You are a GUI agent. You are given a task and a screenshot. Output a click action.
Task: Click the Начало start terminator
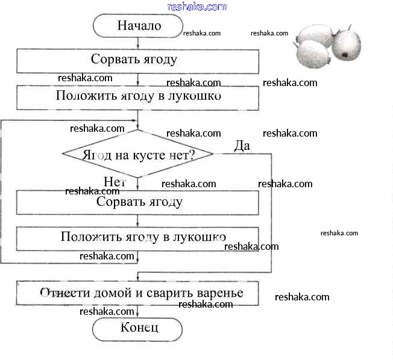137,26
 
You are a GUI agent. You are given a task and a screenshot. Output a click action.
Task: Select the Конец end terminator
137,328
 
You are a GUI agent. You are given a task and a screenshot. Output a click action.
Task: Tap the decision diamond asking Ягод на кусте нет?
137,154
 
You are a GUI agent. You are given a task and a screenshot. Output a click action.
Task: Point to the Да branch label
242,145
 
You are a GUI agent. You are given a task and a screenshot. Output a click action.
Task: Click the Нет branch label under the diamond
114,182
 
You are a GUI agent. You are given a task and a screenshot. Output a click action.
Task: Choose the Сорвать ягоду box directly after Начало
137,60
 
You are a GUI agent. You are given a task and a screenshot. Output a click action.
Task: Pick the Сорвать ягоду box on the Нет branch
137,202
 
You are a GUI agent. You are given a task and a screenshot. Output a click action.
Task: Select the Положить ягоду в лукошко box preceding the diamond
137,97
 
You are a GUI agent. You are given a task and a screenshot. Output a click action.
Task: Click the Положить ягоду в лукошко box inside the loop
137,237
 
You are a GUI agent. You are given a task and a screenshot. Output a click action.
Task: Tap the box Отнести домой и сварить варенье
137,293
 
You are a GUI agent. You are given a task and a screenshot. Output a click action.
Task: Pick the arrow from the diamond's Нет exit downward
138,184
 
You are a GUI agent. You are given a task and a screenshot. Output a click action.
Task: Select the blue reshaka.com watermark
196,7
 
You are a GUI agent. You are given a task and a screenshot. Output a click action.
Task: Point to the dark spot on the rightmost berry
345,55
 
